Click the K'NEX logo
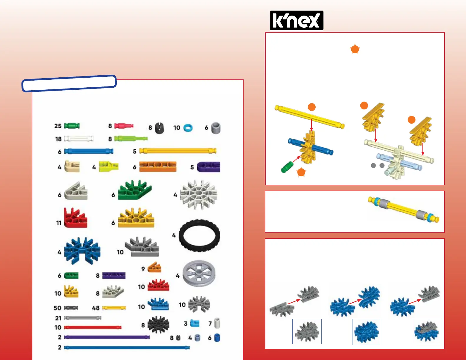coord(297,20)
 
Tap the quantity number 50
coord(57,308)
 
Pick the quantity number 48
coord(96,308)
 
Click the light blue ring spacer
coord(188,128)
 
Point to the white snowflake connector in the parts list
coord(198,195)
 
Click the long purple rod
coord(107,337)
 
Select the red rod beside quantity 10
coord(92,327)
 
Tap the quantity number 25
coord(58,126)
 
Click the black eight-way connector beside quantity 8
coord(158,324)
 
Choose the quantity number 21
coord(58,318)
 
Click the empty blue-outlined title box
coord(69,83)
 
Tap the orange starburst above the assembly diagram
coord(355,49)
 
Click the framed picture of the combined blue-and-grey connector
coord(426,331)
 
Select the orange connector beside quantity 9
coord(154,268)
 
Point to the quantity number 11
coord(59,223)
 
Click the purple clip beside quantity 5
coord(208,167)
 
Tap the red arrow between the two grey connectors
coord(294,301)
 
